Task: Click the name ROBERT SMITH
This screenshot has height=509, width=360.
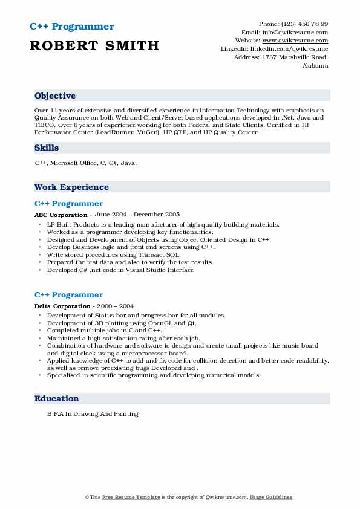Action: pos(94,45)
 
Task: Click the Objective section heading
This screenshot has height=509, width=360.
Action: pos(55,96)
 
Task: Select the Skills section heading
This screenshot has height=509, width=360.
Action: pos(47,148)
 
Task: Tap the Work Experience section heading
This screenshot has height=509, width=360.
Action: pos(71,187)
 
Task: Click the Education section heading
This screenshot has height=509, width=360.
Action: pos(57,399)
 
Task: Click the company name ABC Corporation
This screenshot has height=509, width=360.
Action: pos(61,215)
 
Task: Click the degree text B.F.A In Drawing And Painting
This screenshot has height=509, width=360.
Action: pos(93,414)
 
